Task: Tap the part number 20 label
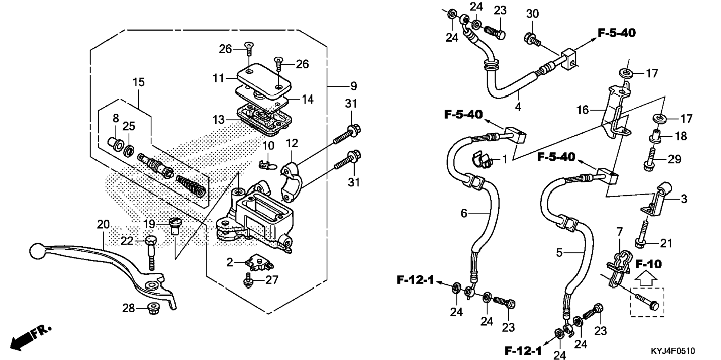pos(103,225)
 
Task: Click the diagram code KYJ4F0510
pos(673,351)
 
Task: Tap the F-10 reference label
pos(649,264)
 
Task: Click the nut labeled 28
pos(152,308)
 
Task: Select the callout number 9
pos(353,86)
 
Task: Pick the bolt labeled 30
pos(532,39)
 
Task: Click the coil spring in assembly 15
pos(191,185)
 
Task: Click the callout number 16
pos(583,110)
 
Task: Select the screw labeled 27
pos(247,281)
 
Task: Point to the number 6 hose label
pos(464,213)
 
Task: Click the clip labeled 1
pos(481,160)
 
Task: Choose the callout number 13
pos(218,120)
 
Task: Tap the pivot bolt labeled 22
pos(151,253)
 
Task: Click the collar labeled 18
pos(657,136)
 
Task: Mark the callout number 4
pos(518,107)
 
